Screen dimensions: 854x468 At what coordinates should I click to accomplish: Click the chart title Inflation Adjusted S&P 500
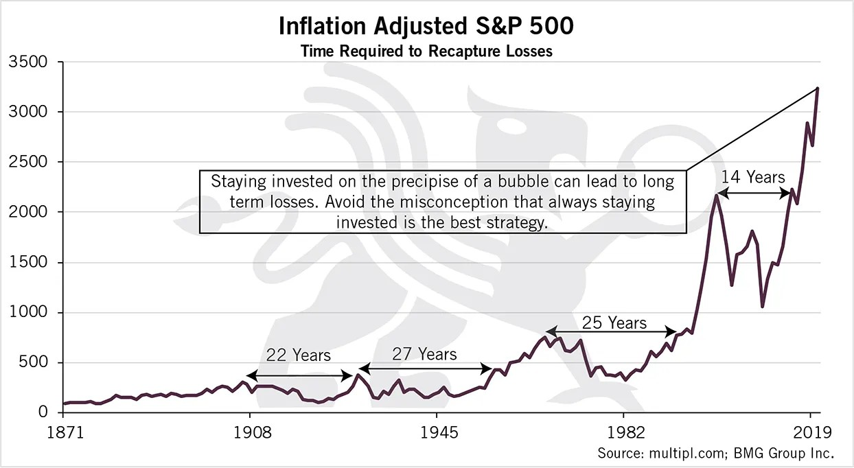(426, 26)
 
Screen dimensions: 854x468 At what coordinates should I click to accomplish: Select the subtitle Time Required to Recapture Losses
(426, 51)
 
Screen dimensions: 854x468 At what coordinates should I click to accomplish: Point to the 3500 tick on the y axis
(28, 62)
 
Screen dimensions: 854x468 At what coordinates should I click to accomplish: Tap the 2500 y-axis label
(28, 162)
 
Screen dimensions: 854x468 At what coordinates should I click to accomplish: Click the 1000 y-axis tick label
(28, 312)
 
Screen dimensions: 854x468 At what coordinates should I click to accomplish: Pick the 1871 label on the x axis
(65, 433)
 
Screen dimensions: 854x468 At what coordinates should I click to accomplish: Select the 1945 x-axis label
(439, 433)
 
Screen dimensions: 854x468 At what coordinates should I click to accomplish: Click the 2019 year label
(812, 433)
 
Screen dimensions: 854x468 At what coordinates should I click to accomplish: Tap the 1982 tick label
(625, 433)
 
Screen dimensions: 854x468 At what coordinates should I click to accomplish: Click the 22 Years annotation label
(298, 355)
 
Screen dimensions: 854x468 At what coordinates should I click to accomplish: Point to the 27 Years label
(424, 354)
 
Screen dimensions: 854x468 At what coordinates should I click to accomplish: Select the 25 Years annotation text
(614, 323)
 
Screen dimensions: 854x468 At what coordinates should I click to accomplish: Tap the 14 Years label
(753, 177)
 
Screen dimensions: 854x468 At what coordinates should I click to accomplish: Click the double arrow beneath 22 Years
(299, 376)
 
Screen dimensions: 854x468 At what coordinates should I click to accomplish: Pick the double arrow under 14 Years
(754, 194)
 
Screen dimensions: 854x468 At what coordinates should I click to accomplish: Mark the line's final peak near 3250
(817, 89)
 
